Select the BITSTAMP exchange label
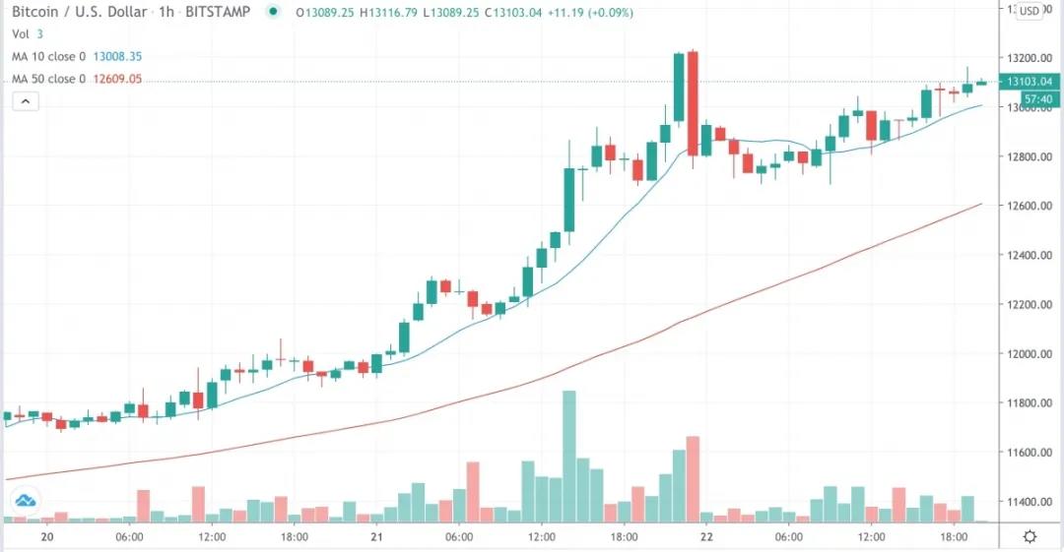(x=217, y=12)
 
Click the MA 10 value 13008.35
(x=117, y=56)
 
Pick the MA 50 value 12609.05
(x=117, y=79)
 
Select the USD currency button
(x=1030, y=12)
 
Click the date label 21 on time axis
(x=376, y=537)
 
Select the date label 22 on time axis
(x=706, y=537)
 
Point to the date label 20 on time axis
(x=46, y=537)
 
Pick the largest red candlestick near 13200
(x=693, y=103)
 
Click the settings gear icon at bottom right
(x=1030, y=536)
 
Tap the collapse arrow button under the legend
(x=26, y=100)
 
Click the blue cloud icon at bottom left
(x=26, y=500)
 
